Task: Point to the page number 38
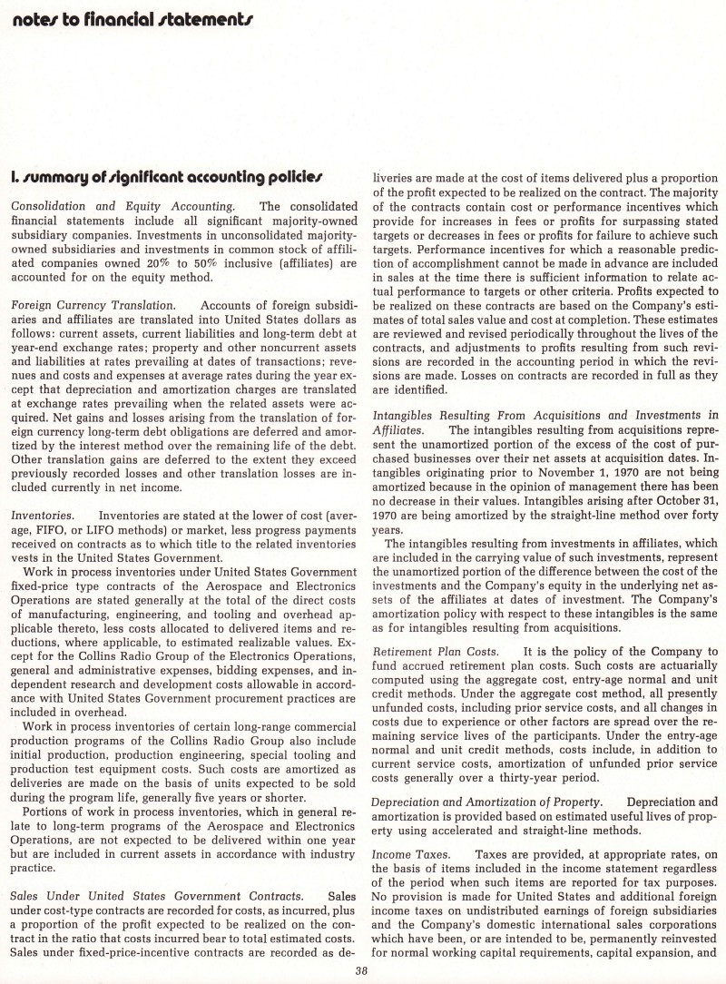click(362, 974)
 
